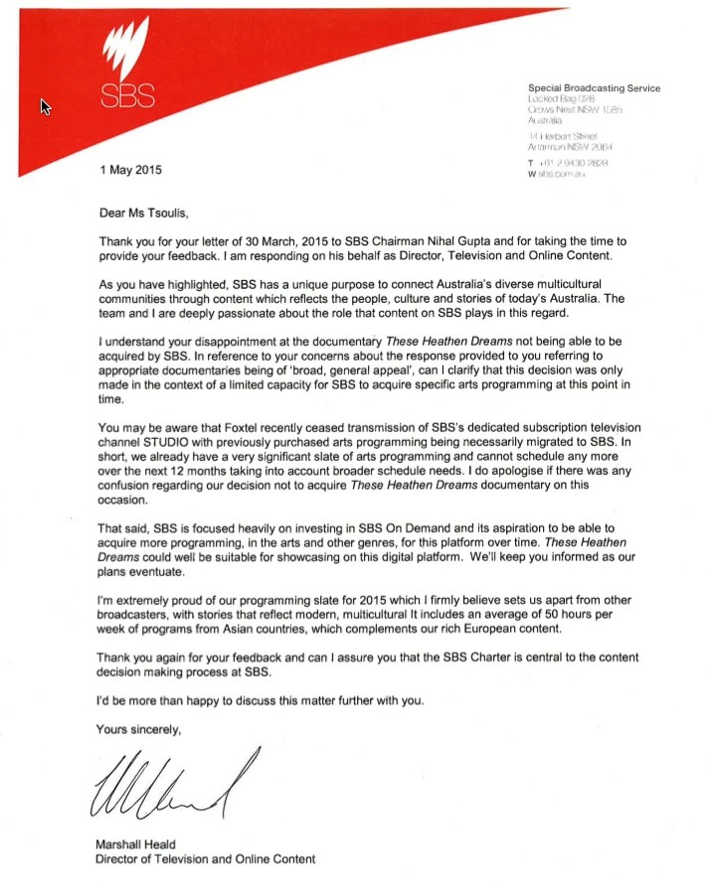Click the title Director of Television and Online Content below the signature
click(x=205, y=859)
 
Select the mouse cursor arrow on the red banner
click(x=45, y=106)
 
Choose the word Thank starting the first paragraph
click(x=118, y=243)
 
